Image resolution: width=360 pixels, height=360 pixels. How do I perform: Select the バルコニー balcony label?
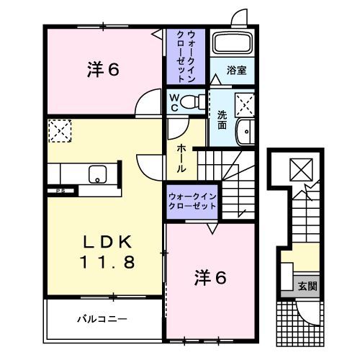[102, 318]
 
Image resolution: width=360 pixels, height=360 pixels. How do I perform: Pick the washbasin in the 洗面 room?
[246, 132]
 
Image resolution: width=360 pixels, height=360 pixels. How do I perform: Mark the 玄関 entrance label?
[307, 286]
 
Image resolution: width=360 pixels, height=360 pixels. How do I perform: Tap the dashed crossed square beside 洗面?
[246, 106]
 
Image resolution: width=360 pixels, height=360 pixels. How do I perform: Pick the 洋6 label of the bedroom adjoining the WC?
[103, 69]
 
